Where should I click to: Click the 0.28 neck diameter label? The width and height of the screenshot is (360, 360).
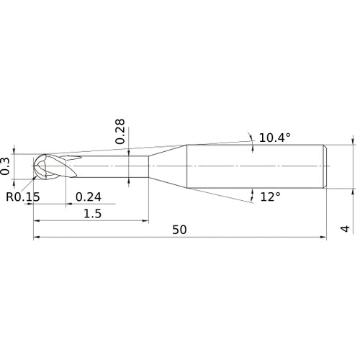pos(120,131)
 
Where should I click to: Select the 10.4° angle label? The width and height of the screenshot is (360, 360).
pos(275,138)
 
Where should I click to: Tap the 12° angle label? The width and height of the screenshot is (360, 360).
pos(270,197)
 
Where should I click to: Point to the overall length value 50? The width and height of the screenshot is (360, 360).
pos(179,230)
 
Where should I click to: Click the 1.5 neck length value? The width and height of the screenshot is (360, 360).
pos(92,213)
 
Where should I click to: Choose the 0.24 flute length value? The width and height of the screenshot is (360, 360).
pos(89,197)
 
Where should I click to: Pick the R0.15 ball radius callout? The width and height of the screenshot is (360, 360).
pos(23,197)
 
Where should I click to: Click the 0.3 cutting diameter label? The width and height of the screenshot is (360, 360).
pos(5,166)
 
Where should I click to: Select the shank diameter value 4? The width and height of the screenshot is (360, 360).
pos(345,229)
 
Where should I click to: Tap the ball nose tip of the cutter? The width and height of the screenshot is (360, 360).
pos(33,166)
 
